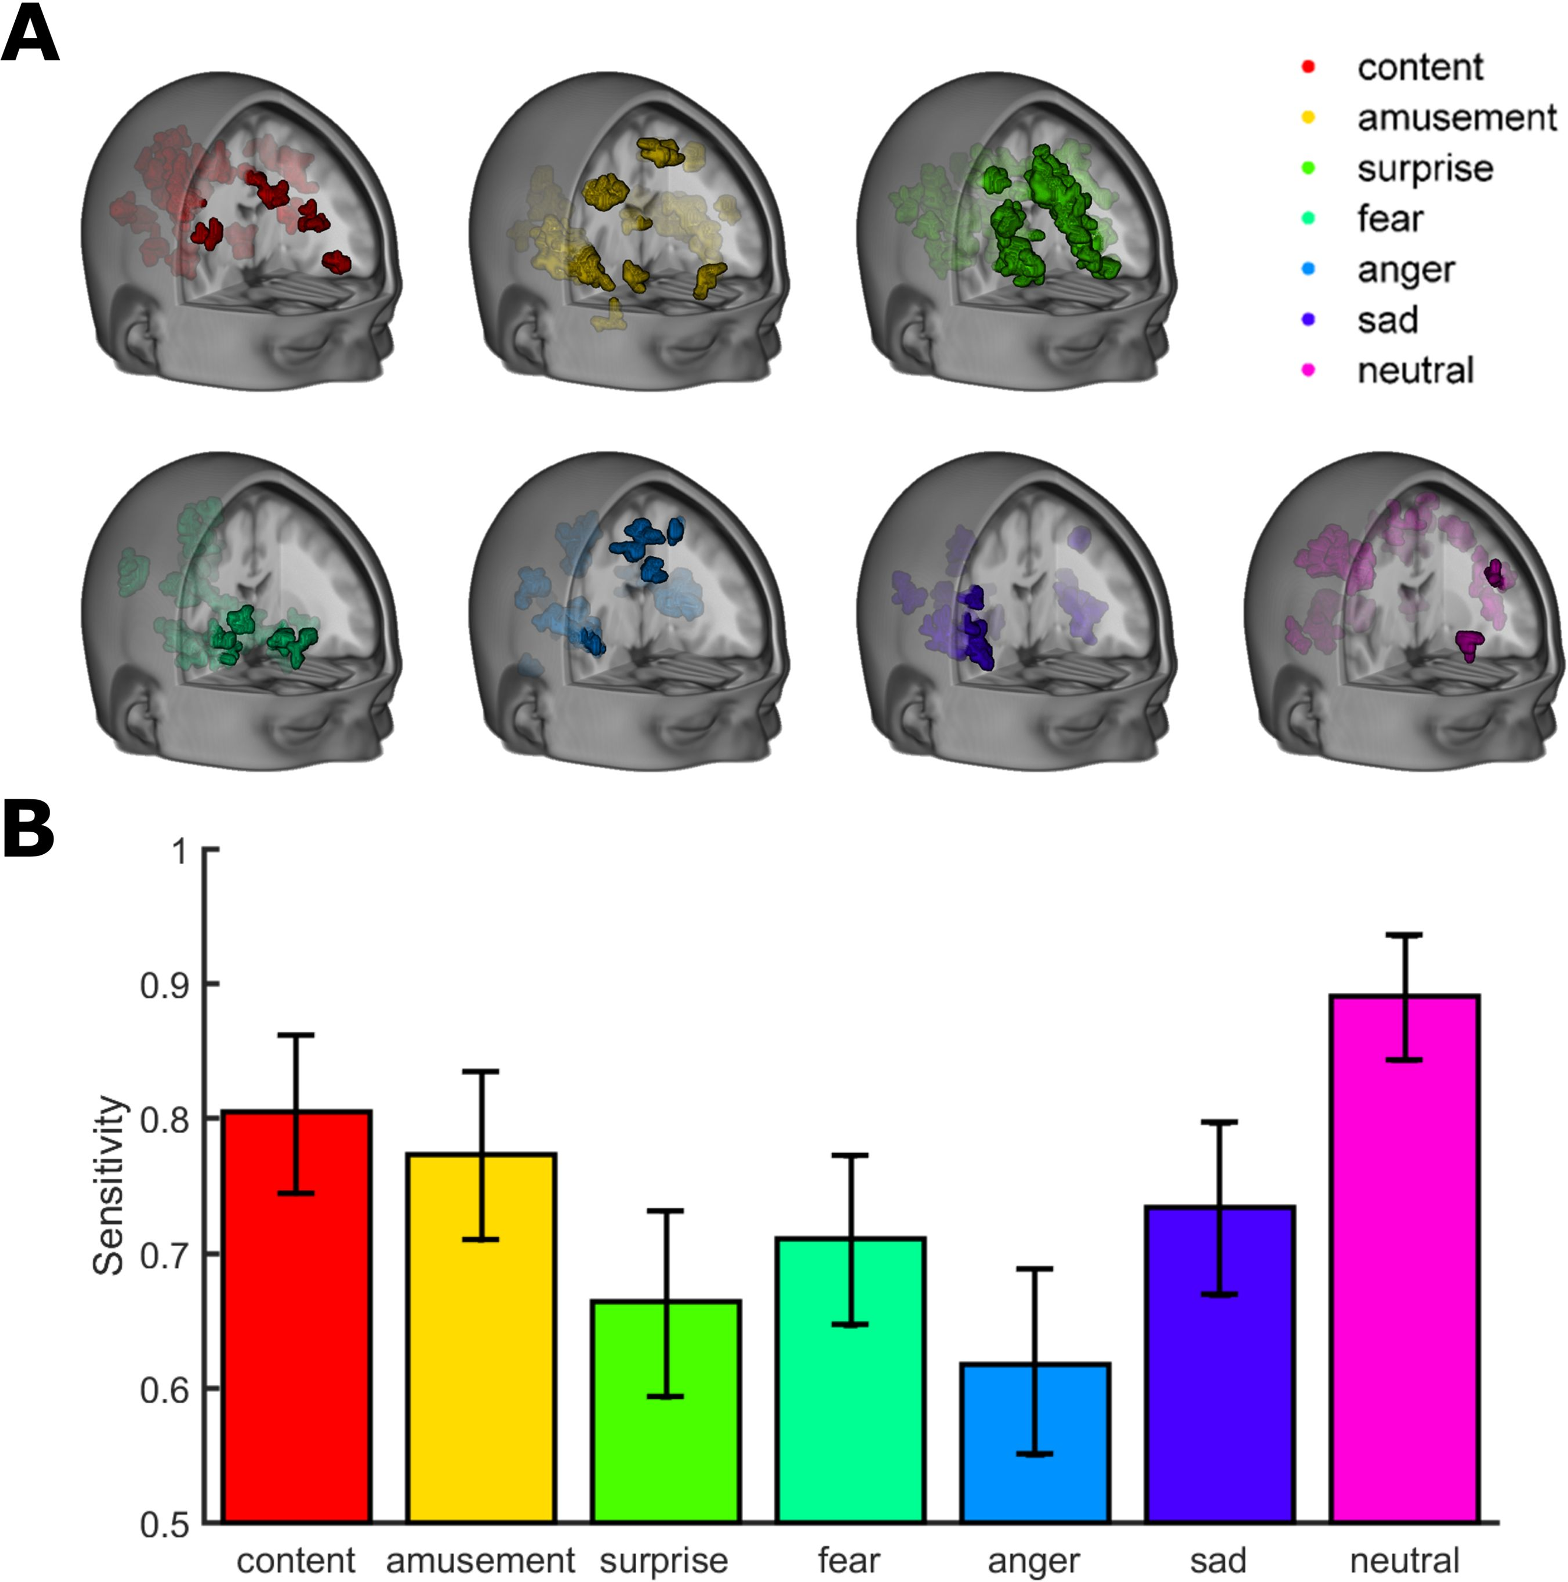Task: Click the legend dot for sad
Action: coord(1308,319)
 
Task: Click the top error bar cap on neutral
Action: coord(1404,934)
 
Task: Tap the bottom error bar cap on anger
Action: coord(1035,1454)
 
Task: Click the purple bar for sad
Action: coord(1219,1364)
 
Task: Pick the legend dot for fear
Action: coord(1308,218)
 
